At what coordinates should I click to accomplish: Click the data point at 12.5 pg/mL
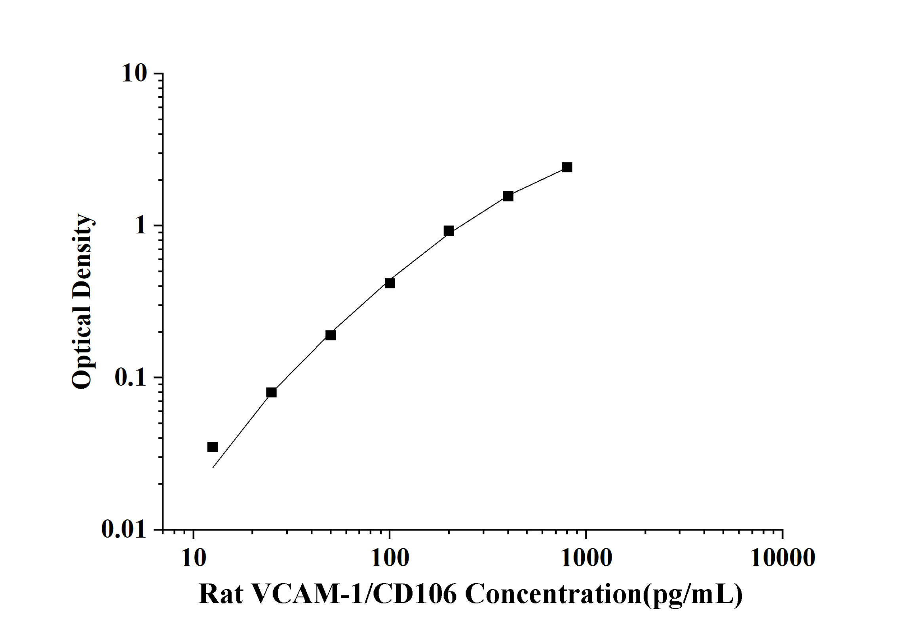point(213,447)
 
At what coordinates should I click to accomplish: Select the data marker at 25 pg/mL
point(271,392)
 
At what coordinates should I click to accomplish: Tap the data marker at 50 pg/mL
point(331,335)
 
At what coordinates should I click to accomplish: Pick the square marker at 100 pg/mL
point(390,283)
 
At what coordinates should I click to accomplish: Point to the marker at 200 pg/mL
point(449,231)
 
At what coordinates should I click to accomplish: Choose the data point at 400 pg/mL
point(508,196)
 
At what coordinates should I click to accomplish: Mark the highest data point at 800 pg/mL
point(567,167)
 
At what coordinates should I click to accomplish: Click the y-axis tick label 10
point(134,73)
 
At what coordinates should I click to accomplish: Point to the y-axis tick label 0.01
point(124,529)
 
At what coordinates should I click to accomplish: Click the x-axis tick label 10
point(194,558)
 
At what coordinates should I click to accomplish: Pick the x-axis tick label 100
point(390,558)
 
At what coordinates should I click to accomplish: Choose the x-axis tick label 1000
point(586,558)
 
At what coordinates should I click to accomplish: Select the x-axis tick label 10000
point(782,558)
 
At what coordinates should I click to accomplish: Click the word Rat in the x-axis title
point(221,594)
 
